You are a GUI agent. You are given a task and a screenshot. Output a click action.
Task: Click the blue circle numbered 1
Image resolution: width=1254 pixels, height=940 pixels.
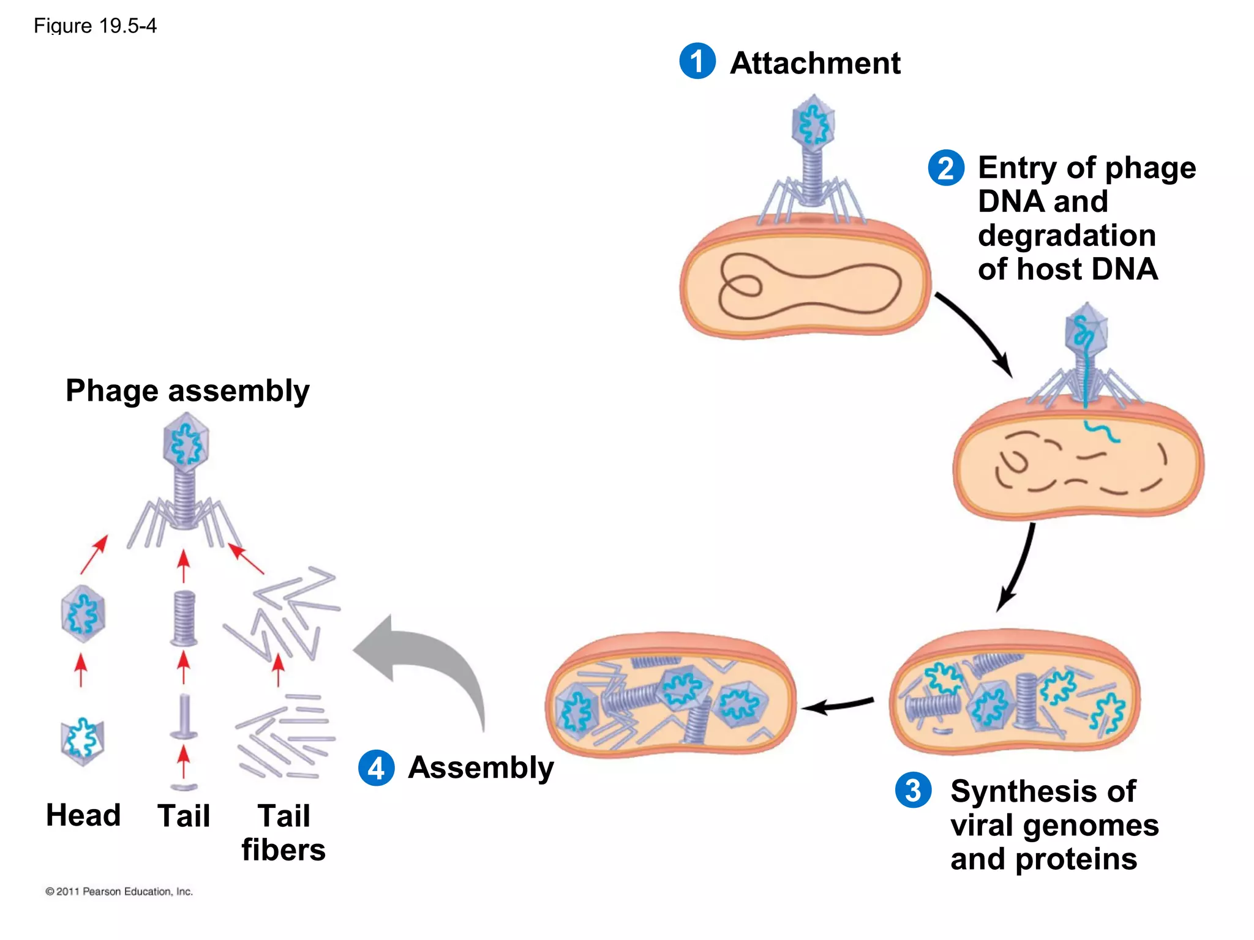click(697, 61)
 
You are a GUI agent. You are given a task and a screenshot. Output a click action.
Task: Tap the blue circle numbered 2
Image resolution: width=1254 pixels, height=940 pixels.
click(946, 168)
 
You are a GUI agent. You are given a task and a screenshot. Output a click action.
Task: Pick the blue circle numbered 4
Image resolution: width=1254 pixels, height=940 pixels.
click(376, 767)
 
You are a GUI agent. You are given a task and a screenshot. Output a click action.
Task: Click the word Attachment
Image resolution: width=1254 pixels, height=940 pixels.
click(815, 63)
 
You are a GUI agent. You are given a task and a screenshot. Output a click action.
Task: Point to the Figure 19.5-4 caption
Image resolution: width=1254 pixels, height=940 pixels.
click(95, 26)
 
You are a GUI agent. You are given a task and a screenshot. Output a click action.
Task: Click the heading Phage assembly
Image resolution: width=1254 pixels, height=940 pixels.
click(187, 390)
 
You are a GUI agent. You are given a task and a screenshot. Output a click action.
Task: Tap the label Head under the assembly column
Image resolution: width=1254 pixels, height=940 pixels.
click(83, 815)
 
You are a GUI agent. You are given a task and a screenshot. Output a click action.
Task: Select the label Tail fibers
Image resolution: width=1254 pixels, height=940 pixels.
click(283, 832)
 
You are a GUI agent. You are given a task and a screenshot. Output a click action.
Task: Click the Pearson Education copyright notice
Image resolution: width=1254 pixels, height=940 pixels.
click(119, 892)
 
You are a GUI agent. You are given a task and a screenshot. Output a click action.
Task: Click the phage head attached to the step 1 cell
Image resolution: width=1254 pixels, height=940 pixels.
click(813, 124)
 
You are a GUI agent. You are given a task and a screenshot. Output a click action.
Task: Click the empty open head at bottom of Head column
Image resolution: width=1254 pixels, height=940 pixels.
click(83, 740)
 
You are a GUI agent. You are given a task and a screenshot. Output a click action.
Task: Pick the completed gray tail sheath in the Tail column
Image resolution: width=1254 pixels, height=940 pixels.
click(184, 618)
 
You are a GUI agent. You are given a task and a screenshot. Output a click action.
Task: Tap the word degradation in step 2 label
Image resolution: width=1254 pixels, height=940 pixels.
click(1067, 236)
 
